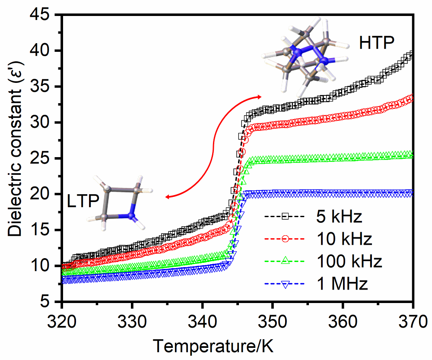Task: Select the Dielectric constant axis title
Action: coord(16,158)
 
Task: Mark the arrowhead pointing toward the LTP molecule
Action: coord(167,197)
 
